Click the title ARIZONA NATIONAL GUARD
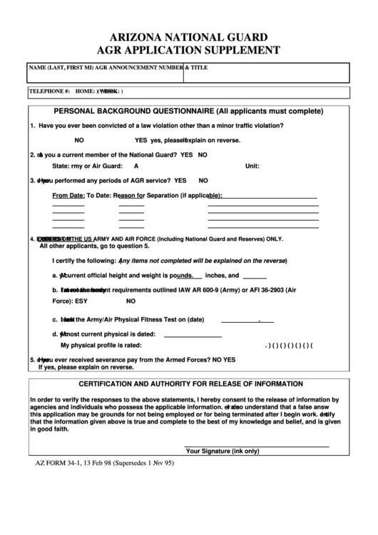189,36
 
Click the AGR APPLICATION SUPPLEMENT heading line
189,50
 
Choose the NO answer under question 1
79,140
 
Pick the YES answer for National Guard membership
187,154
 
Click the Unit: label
252,166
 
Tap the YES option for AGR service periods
180,181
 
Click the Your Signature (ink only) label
222,451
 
